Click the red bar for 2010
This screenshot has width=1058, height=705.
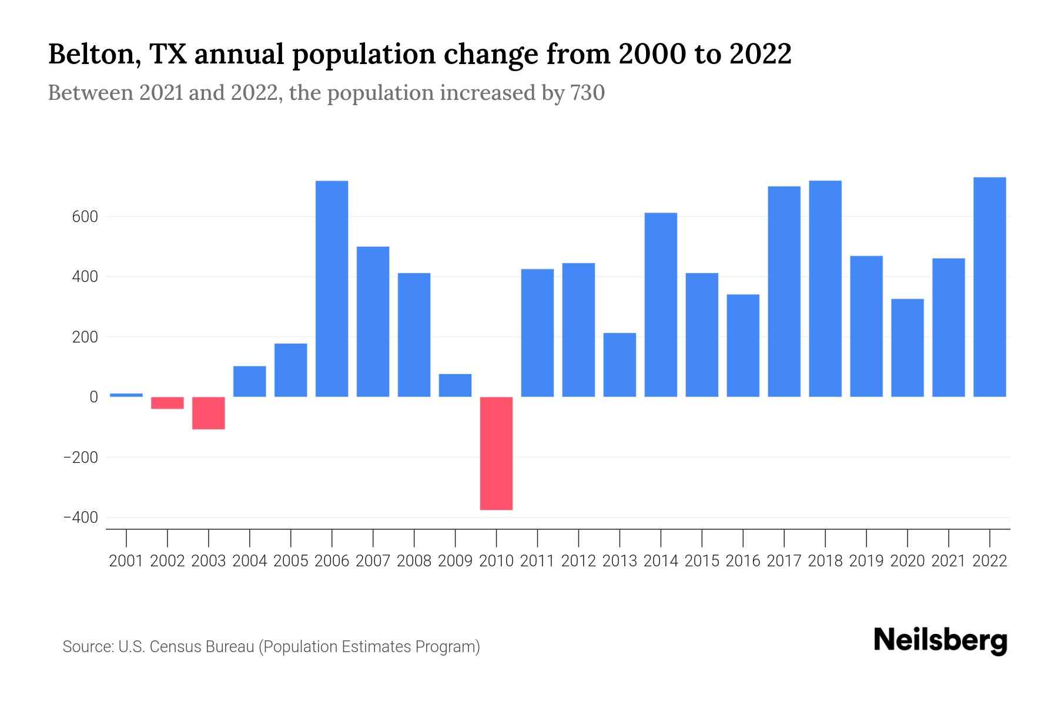pyautogui.click(x=496, y=453)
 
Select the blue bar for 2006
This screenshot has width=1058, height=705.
pyautogui.click(x=332, y=288)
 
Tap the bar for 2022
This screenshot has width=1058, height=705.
pyautogui.click(x=990, y=287)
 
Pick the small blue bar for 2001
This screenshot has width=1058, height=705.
pyautogui.click(x=126, y=395)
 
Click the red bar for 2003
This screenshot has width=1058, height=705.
pyautogui.click(x=209, y=413)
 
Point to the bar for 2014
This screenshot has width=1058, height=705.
pyautogui.click(x=661, y=304)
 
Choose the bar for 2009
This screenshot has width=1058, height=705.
pyautogui.click(x=455, y=385)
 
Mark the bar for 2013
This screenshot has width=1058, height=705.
pyautogui.click(x=620, y=365)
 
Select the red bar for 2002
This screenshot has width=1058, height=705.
pyautogui.click(x=168, y=403)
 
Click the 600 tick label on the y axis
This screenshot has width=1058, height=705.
pyautogui.click(x=85, y=217)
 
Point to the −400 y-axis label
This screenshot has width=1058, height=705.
pyautogui.click(x=80, y=518)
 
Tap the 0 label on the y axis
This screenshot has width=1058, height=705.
pyautogui.click(x=93, y=397)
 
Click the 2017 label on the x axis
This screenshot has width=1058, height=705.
pyautogui.click(x=784, y=561)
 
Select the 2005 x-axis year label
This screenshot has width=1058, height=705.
pyautogui.click(x=291, y=561)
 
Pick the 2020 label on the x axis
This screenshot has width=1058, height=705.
pyautogui.click(x=908, y=561)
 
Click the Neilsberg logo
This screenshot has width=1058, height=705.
pyautogui.click(x=940, y=641)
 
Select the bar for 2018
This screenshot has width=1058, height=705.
pyautogui.click(x=825, y=288)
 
